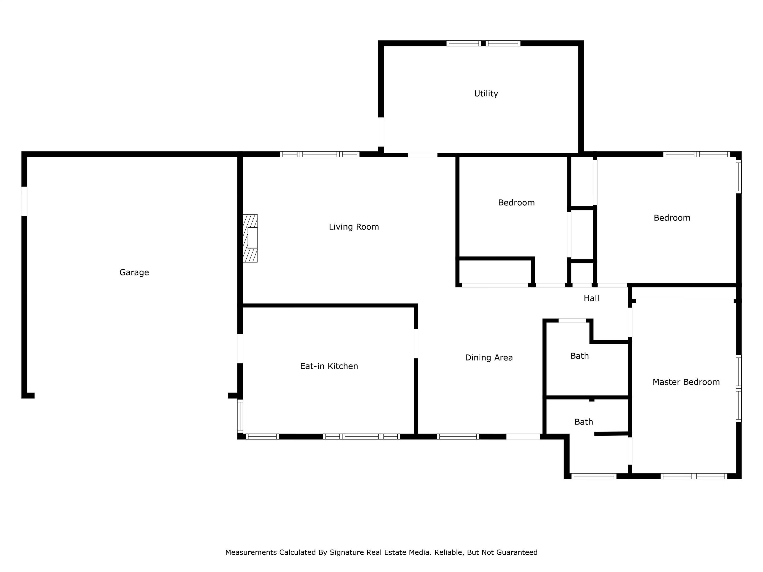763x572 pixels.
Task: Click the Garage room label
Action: (x=134, y=272)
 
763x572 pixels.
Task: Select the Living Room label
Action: (x=354, y=227)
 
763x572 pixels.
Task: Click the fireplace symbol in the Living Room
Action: (x=250, y=238)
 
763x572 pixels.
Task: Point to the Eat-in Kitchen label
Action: (x=329, y=366)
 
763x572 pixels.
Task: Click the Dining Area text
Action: (x=489, y=357)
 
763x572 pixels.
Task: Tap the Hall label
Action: (x=591, y=298)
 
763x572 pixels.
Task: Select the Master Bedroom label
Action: (x=686, y=382)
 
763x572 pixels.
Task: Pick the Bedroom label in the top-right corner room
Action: (x=672, y=218)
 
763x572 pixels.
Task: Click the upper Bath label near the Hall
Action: (x=579, y=356)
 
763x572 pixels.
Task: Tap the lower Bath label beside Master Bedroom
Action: (x=583, y=422)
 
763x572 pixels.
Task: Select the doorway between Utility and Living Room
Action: (x=422, y=155)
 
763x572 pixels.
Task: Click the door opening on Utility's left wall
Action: (x=381, y=132)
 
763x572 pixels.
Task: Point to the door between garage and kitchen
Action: (x=240, y=348)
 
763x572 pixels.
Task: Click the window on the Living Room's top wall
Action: (x=320, y=154)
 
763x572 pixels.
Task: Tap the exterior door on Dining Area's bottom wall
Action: (x=523, y=436)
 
